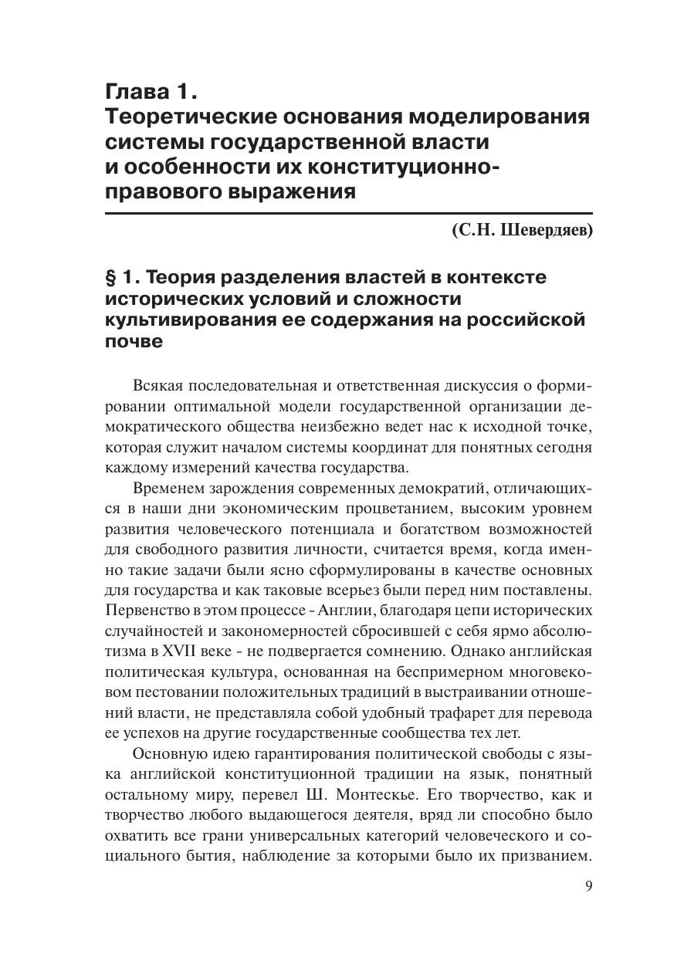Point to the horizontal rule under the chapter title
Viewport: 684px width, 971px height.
(348, 213)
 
